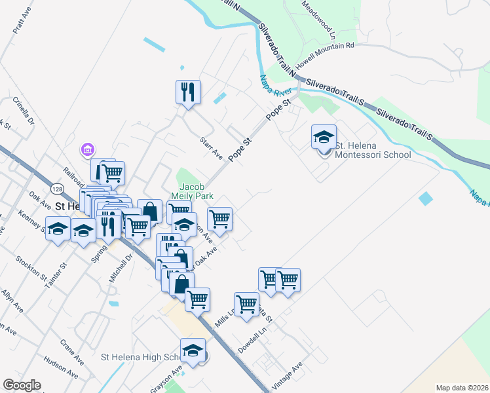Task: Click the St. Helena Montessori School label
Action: click(x=372, y=150)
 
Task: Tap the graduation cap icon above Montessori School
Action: click(x=324, y=137)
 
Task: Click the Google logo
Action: click(x=22, y=385)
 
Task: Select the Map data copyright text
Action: click(x=462, y=388)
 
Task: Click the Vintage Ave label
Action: click(x=287, y=376)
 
